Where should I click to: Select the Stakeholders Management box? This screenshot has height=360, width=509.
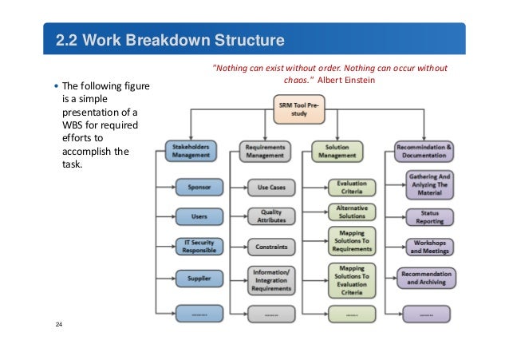[188, 151]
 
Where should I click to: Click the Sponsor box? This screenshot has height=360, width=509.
[199, 188]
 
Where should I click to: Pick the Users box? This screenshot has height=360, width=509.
[199, 216]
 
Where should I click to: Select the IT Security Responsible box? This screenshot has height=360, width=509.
[199, 246]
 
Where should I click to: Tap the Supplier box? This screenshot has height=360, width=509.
[199, 279]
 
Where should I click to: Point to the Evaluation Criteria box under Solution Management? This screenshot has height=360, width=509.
[352, 187]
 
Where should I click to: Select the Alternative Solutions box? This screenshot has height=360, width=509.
[352, 212]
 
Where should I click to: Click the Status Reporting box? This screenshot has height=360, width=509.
[432, 216]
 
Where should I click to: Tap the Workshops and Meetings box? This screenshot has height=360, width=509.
[432, 246]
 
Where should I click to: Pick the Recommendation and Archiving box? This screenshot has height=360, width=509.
[432, 279]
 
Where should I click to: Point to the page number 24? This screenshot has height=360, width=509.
[59, 325]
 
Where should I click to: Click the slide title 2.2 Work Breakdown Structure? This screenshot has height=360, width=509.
[170, 40]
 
